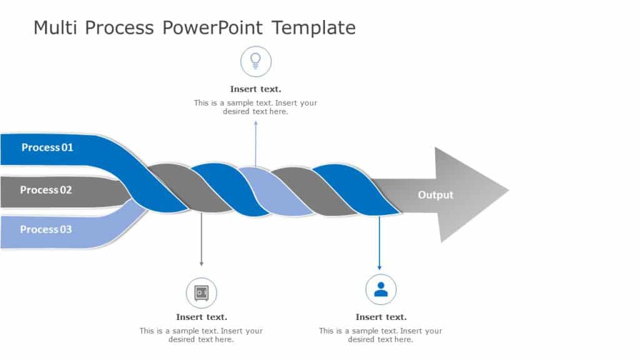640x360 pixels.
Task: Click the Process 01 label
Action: click(x=47, y=147)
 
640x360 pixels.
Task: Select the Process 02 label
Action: click(x=46, y=190)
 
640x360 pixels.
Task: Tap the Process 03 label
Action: click(x=46, y=229)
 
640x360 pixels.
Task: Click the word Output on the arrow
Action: click(x=435, y=195)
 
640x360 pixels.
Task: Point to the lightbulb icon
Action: click(x=256, y=61)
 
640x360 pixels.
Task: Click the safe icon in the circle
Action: click(x=201, y=292)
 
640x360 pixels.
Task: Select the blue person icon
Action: click(x=381, y=289)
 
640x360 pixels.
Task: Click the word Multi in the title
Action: click(x=55, y=28)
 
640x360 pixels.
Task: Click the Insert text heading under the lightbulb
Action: click(x=256, y=89)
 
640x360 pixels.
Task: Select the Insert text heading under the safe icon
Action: click(x=201, y=317)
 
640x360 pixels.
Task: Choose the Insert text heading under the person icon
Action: click(x=381, y=317)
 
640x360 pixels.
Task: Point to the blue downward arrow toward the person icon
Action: click(x=379, y=244)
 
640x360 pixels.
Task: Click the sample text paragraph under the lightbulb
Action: click(x=256, y=107)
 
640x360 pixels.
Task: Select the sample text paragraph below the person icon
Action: click(x=381, y=335)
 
